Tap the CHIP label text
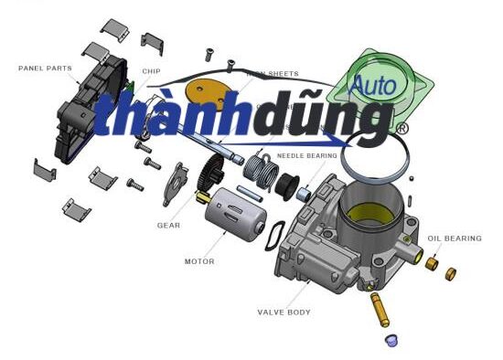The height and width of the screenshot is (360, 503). (x=152, y=70)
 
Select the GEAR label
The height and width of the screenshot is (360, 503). (x=168, y=225)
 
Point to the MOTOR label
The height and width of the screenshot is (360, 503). (x=199, y=261)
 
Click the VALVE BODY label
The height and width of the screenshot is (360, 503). (x=284, y=312)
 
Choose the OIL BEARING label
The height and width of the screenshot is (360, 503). (x=454, y=238)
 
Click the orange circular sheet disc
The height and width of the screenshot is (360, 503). (x=206, y=92)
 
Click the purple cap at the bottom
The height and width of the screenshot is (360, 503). (x=391, y=340)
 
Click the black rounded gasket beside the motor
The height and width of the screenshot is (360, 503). (x=271, y=236)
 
